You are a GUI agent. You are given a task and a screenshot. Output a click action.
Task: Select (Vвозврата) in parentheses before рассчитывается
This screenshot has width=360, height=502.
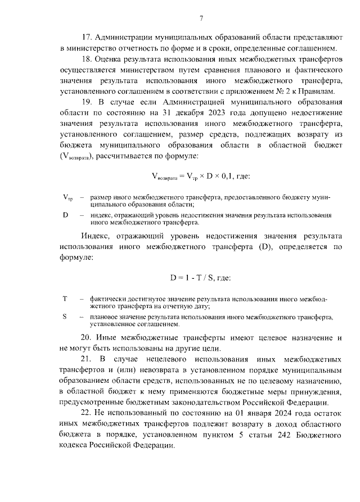pyautogui.click(x=76, y=156)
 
